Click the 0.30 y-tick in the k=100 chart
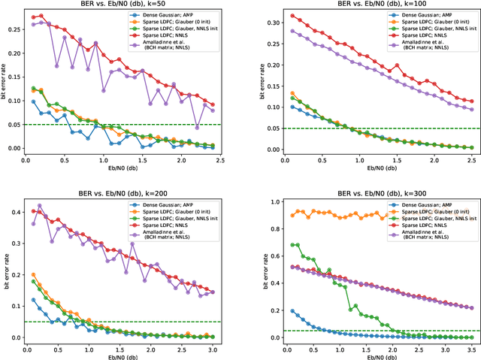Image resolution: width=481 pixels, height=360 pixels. point(268,18)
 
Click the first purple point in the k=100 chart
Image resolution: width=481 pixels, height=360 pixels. point(292,31)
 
